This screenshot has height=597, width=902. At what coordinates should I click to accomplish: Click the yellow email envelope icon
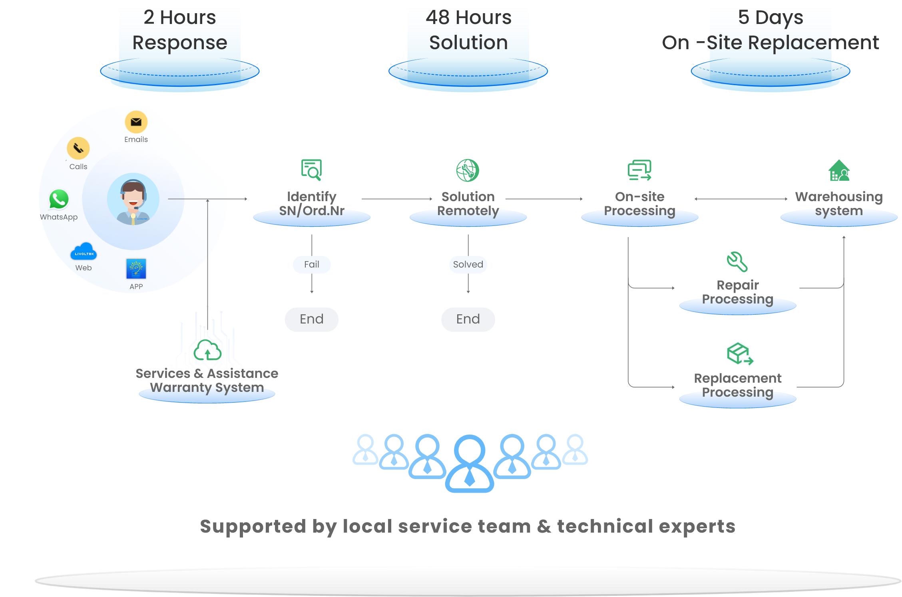click(x=136, y=122)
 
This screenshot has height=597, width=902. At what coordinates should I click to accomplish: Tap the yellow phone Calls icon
click(x=78, y=148)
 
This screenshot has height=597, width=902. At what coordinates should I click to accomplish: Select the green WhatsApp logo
click(x=59, y=199)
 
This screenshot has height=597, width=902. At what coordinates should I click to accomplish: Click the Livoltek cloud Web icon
click(x=84, y=252)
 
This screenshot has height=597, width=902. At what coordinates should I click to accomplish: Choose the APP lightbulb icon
click(x=136, y=269)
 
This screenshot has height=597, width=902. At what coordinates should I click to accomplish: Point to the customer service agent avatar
click(x=133, y=199)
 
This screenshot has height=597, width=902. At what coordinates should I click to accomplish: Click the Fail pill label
click(x=312, y=265)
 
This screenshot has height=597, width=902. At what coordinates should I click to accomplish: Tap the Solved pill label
click(x=468, y=265)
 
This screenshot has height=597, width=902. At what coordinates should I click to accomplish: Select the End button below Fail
click(x=312, y=319)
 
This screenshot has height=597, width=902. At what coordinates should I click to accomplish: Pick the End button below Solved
click(x=468, y=319)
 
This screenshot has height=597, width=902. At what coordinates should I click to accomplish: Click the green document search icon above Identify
click(x=311, y=170)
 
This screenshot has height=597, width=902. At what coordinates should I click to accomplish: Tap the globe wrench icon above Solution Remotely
click(x=468, y=170)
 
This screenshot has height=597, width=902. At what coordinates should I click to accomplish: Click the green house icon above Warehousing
click(x=839, y=171)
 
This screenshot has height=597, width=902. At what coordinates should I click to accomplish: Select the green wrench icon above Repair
click(x=737, y=262)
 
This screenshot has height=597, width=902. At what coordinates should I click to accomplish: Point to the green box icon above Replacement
click(x=740, y=353)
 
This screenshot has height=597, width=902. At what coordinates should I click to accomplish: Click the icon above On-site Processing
click(x=639, y=170)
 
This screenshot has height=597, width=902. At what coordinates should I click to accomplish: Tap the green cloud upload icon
click(x=207, y=351)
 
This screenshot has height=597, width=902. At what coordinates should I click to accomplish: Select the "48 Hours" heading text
click(x=468, y=18)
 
